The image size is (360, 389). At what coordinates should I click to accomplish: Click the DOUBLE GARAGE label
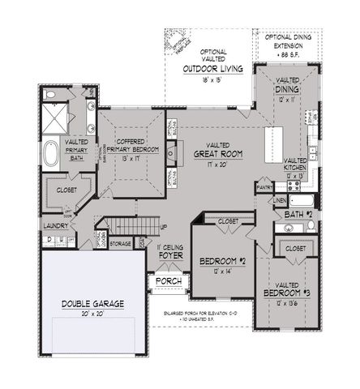point(92,304)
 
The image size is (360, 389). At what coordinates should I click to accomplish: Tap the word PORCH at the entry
point(169,281)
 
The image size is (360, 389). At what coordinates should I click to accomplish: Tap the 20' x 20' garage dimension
point(92,314)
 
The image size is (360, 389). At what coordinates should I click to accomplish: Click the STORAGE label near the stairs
point(121,242)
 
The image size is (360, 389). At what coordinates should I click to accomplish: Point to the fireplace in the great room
point(172,152)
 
